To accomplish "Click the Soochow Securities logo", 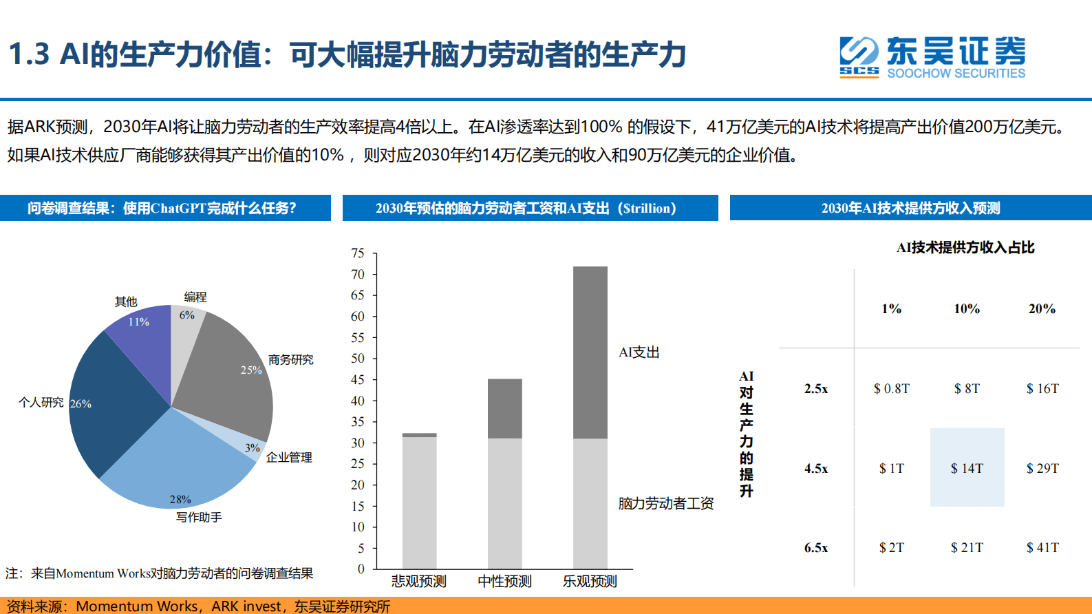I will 932,57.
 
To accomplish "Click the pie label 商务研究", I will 290,359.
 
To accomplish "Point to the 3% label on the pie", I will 253,448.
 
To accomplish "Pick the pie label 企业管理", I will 289,457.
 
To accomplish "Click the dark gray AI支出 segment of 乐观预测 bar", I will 590,351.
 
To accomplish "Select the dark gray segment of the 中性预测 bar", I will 504,408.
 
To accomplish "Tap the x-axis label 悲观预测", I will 418,581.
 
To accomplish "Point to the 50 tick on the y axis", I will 358,359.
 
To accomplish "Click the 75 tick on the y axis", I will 358,253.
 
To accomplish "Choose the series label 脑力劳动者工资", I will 665,503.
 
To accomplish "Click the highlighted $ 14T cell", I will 967,468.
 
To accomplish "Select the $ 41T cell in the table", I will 1042,547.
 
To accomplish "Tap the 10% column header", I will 967,309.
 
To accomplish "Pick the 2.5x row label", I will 816,389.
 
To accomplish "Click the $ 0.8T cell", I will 891,389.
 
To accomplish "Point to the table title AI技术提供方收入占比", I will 965,248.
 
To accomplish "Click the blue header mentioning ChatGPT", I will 164,208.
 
